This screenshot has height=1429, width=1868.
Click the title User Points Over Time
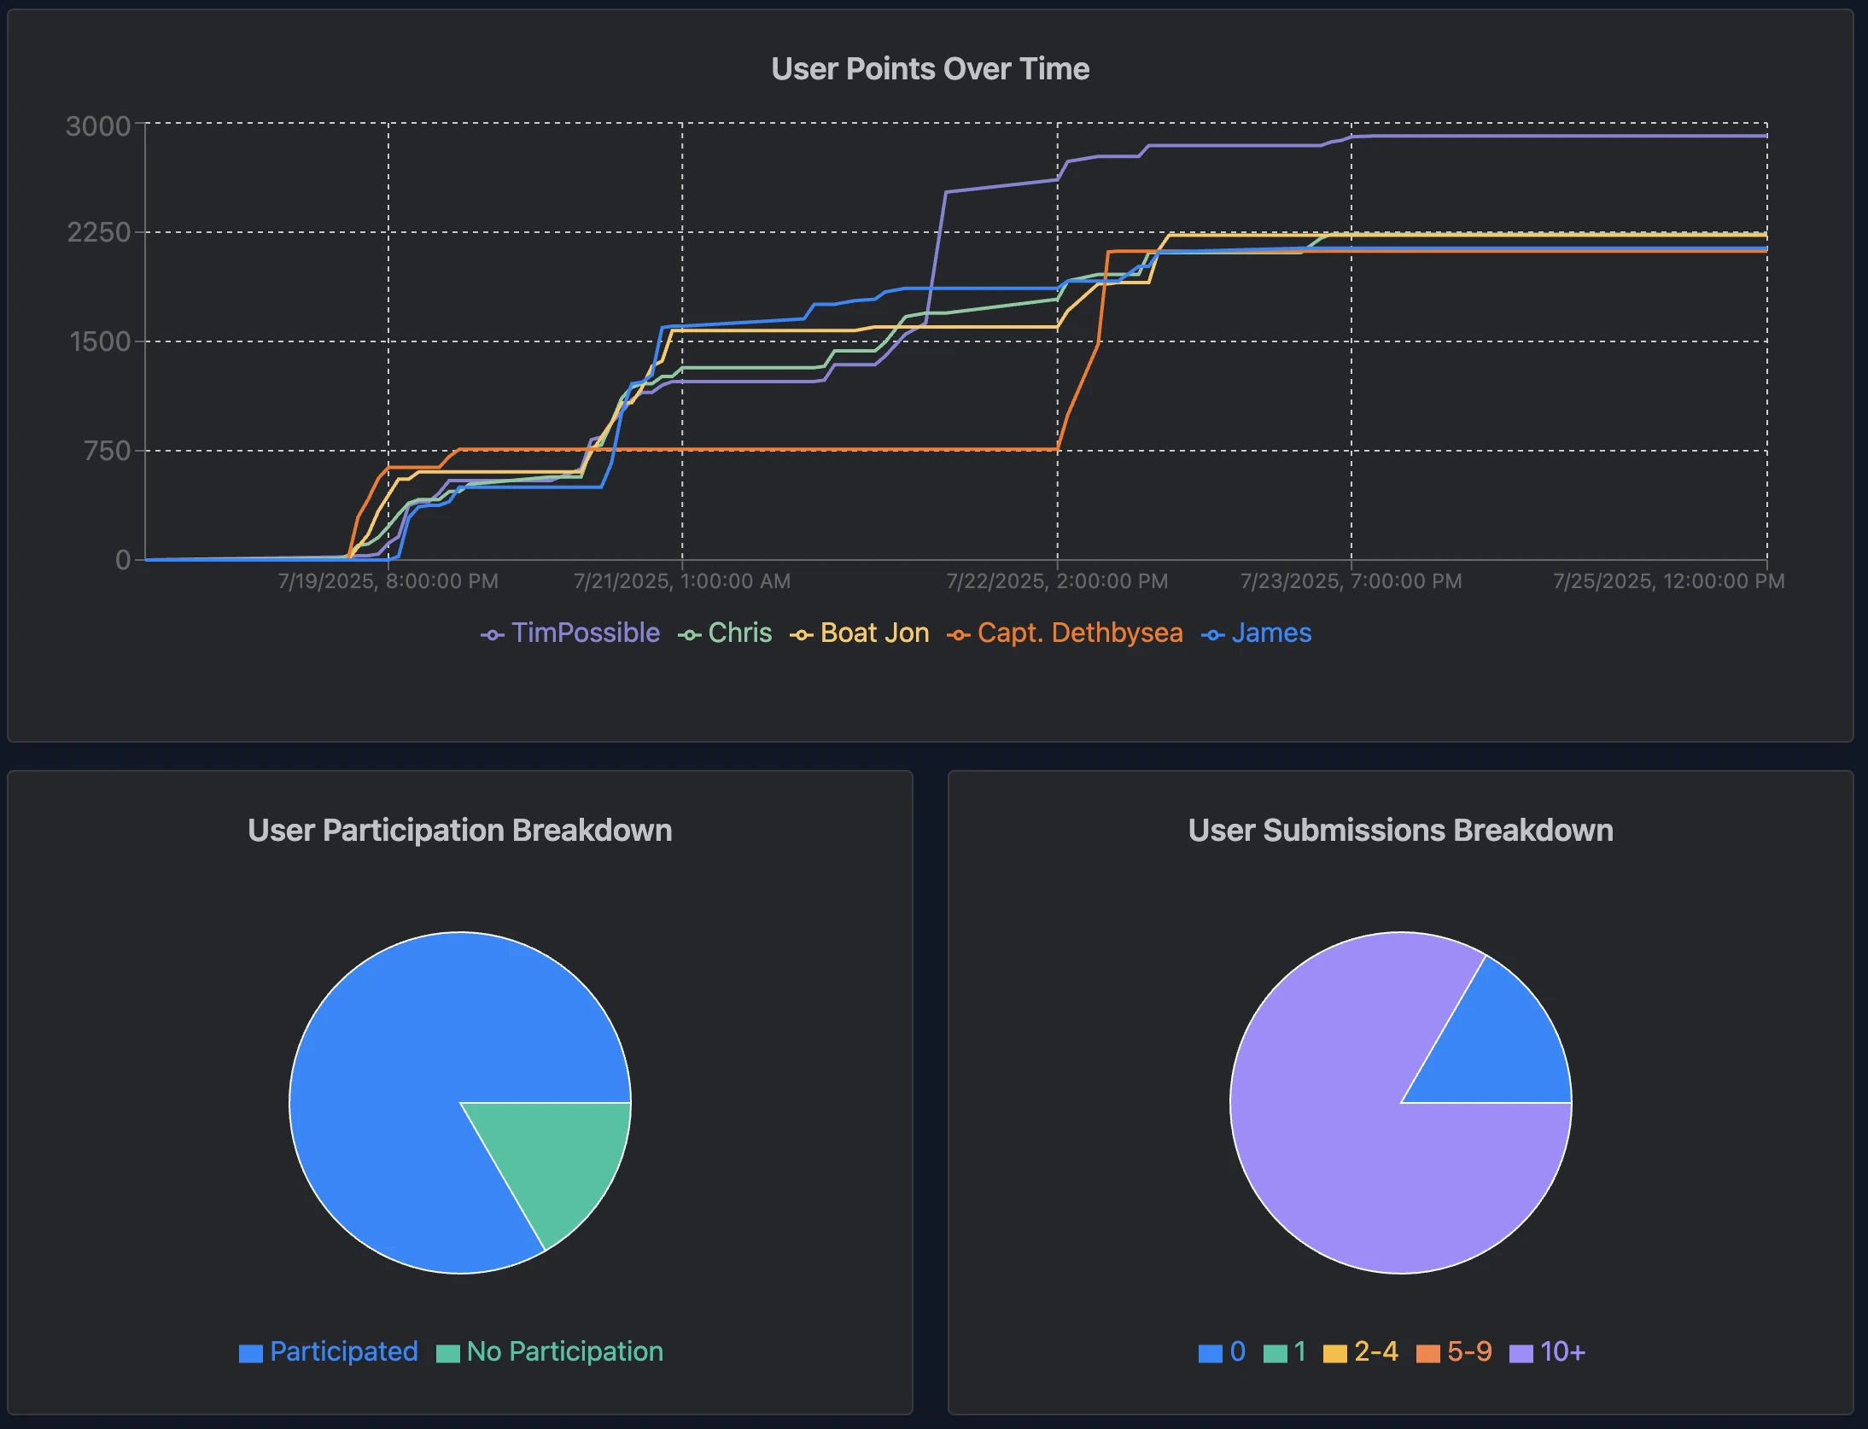click(x=930, y=69)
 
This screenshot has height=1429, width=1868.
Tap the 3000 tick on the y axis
click(x=98, y=126)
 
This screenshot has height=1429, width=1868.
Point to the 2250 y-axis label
click(x=98, y=232)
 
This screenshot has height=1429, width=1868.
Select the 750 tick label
click(x=107, y=451)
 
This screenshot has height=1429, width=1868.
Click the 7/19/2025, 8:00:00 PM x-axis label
click(x=388, y=581)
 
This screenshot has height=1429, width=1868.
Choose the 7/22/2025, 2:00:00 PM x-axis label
click(x=1056, y=581)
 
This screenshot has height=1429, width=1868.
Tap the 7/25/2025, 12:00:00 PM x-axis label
click(x=1668, y=581)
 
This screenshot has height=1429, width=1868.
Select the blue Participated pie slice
click(x=401, y=1067)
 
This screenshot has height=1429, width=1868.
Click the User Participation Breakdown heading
click(x=459, y=831)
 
